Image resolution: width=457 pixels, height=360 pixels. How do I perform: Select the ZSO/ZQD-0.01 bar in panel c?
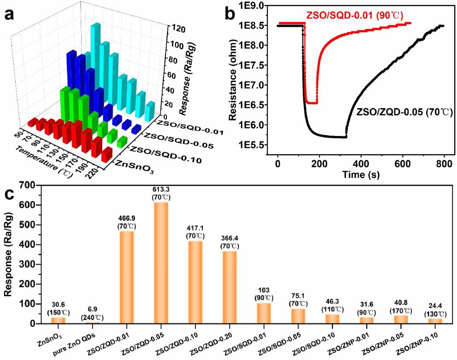126,277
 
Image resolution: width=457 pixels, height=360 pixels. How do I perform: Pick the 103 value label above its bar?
264,290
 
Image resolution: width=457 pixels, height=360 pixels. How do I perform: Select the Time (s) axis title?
360,174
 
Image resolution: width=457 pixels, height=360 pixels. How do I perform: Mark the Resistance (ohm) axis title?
233,84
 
